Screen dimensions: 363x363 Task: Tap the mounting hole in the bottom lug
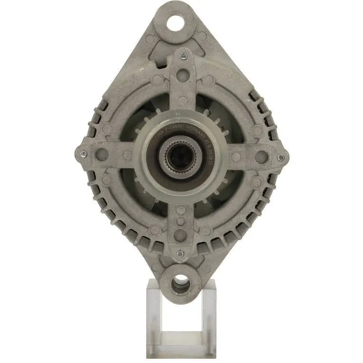click(x=180, y=284)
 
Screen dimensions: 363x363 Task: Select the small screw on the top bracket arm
click(x=182, y=56)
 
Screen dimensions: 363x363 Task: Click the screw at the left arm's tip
click(x=84, y=154)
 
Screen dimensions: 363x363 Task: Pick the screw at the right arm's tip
click(x=281, y=157)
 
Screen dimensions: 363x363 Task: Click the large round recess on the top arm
click(x=182, y=75)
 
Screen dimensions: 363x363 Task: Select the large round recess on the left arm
click(x=102, y=154)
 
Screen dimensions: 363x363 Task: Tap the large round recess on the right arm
click(x=261, y=157)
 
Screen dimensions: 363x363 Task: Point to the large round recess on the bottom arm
click(x=181, y=235)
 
